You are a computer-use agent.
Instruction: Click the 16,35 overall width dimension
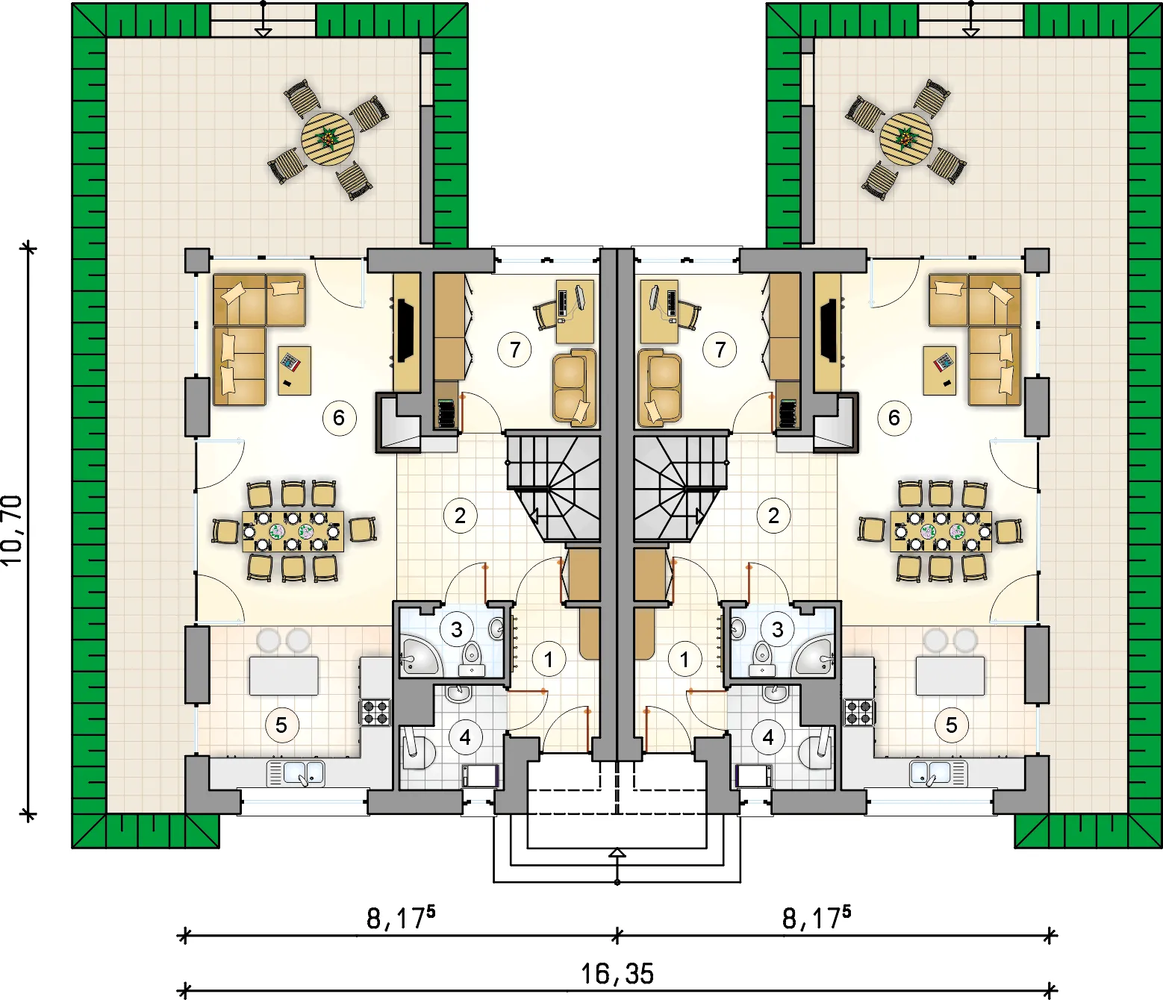tap(617, 974)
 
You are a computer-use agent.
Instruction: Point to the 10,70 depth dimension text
tap(13, 531)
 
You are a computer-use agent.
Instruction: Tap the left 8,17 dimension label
tap(401, 919)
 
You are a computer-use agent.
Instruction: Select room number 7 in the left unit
tap(514, 350)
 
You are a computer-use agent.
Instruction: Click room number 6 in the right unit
tap(894, 418)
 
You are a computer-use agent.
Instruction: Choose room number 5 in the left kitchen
tap(281, 725)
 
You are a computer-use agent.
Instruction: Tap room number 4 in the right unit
tap(768, 737)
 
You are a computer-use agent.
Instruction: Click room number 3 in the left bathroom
tap(456, 629)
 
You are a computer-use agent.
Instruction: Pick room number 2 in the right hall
tap(773, 515)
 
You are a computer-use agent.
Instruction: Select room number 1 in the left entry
tap(549, 659)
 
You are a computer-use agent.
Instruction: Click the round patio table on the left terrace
tap(328, 139)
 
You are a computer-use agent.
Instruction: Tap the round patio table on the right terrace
tap(906, 139)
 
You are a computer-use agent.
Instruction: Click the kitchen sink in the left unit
tap(296, 772)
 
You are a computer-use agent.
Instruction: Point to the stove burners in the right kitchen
tap(858, 713)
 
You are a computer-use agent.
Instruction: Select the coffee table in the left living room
tap(294, 370)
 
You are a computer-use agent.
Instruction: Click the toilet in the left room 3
tap(472, 659)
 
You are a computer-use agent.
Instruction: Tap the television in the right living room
tap(829, 330)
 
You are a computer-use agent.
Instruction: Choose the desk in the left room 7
tap(575, 312)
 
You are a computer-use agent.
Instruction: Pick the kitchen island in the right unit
tap(950, 676)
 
